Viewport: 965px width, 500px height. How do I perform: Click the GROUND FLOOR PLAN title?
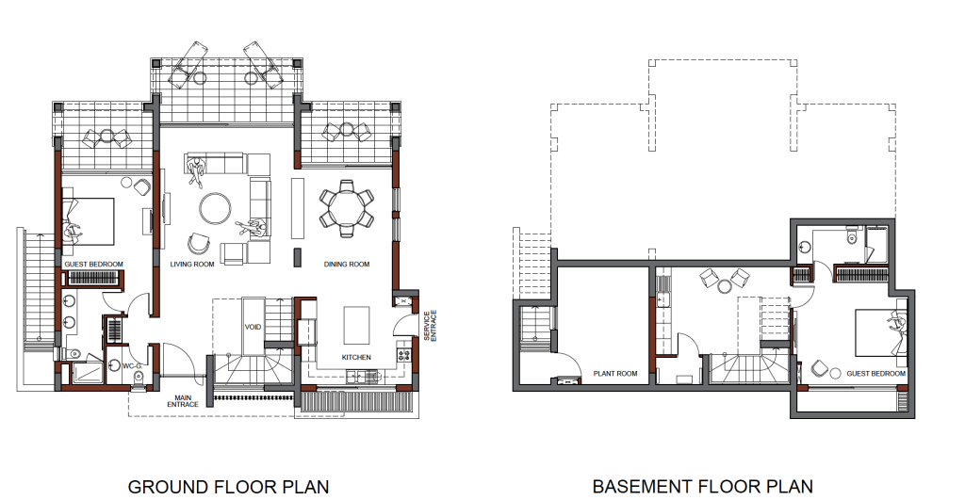[228, 487]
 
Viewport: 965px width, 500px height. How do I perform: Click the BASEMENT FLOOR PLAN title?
[703, 487]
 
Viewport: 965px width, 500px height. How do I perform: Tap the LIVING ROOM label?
[192, 265]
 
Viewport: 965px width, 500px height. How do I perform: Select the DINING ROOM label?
[347, 265]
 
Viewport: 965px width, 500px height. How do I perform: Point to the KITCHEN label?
[356, 357]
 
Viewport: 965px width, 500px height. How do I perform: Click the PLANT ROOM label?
[615, 373]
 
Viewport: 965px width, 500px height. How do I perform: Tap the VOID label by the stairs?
[253, 327]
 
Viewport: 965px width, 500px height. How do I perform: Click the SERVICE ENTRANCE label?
[430, 326]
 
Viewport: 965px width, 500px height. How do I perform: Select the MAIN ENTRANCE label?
[183, 401]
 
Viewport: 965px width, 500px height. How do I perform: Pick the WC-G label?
[132, 366]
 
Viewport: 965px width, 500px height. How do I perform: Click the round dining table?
[347, 208]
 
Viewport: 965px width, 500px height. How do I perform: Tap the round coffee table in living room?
[215, 209]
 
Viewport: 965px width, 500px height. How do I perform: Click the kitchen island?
[356, 326]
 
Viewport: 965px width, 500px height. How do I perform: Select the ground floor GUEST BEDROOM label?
[93, 265]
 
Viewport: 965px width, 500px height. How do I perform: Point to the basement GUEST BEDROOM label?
[875, 373]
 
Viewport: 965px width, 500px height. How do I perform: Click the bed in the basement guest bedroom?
[881, 332]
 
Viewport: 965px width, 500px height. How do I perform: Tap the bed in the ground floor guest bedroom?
[88, 220]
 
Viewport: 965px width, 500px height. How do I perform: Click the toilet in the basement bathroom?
[852, 236]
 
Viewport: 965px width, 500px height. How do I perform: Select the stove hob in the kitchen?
[404, 355]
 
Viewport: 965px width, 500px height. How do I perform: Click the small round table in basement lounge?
[723, 285]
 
